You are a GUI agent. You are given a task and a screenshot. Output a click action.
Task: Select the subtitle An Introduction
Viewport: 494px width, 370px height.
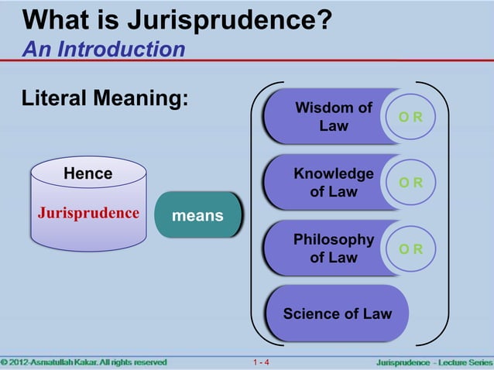[x=104, y=50]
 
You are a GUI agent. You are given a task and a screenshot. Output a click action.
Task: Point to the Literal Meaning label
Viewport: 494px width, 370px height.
[x=106, y=100]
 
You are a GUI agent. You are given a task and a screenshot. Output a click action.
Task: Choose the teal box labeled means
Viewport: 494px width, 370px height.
[x=197, y=215]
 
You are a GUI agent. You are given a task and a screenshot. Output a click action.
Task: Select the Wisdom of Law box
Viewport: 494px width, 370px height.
[x=325, y=116]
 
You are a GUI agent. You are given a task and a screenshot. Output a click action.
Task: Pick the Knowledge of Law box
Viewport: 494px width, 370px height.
[x=325, y=182]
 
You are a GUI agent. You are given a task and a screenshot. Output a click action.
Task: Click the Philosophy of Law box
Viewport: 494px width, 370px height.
[x=325, y=248]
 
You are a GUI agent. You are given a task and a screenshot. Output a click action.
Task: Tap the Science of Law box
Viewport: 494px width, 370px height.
[x=337, y=313]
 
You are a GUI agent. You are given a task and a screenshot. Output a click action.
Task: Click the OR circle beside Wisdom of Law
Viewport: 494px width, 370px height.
[x=416, y=117]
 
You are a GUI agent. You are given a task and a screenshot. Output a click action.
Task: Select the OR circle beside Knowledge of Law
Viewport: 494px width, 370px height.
[x=416, y=183]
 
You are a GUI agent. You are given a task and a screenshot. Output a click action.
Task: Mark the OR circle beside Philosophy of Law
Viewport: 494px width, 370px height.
[x=416, y=249]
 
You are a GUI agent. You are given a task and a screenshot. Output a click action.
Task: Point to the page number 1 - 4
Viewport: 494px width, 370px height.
[x=261, y=362]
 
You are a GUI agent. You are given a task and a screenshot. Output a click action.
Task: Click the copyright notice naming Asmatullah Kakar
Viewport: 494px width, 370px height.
[x=84, y=362]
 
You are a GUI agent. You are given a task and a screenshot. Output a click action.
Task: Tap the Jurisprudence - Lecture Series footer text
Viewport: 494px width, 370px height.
[x=432, y=362]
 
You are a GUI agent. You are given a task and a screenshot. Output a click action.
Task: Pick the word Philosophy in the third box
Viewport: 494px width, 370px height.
[x=334, y=240]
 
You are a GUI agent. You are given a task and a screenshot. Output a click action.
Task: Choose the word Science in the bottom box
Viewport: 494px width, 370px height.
[x=313, y=313]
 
